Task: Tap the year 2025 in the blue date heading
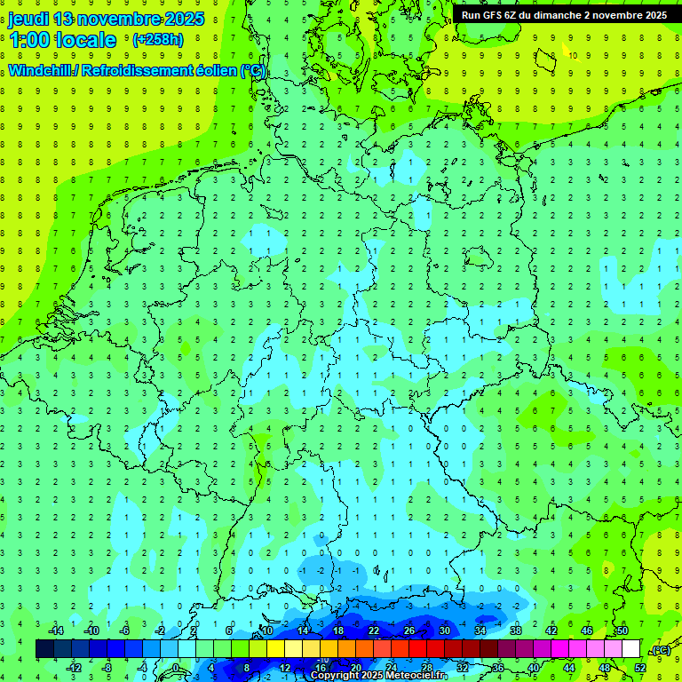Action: coord(183,19)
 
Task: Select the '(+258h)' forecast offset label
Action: coord(157,40)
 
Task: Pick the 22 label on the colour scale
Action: coord(373,630)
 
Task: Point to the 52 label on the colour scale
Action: coord(639,668)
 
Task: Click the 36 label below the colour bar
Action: coord(497,668)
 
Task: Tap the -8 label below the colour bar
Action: coord(107,668)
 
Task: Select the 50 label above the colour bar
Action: coord(622,630)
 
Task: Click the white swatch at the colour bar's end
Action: coord(630,649)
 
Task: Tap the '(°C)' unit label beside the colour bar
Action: coord(660,650)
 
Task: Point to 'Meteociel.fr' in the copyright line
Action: coord(417,676)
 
